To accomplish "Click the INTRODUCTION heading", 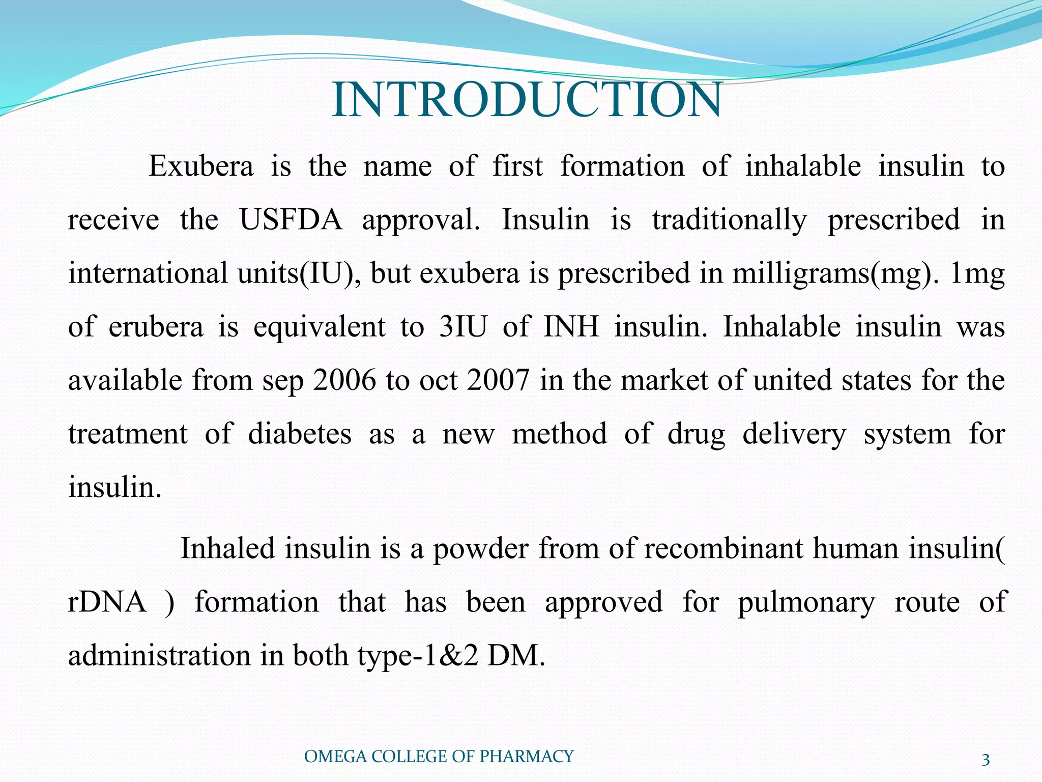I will pyautogui.click(x=526, y=100).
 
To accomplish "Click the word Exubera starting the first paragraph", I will pyautogui.click(x=200, y=166).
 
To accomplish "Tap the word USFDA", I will pyautogui.click(x=291, y=220).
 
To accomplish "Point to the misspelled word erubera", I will pyautogui.click(x=156, y=327).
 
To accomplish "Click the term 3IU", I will pyautogui.click(x=463, y=327).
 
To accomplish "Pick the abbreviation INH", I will pyautogui.click(x=571, y=327).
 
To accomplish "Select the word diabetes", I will pyautogui.click(x=300, y=434).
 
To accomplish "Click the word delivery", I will pyautogui.click(x=794, y=434).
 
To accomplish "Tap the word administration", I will pyautogui.click(x=159, y=656).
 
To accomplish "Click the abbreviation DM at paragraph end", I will pyautogui.click(x=515, y=656).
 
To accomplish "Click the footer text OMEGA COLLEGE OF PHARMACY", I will pyautogui.click(x=439, y=757).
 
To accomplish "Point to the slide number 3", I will pyautogui.click(x=986, y=760).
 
